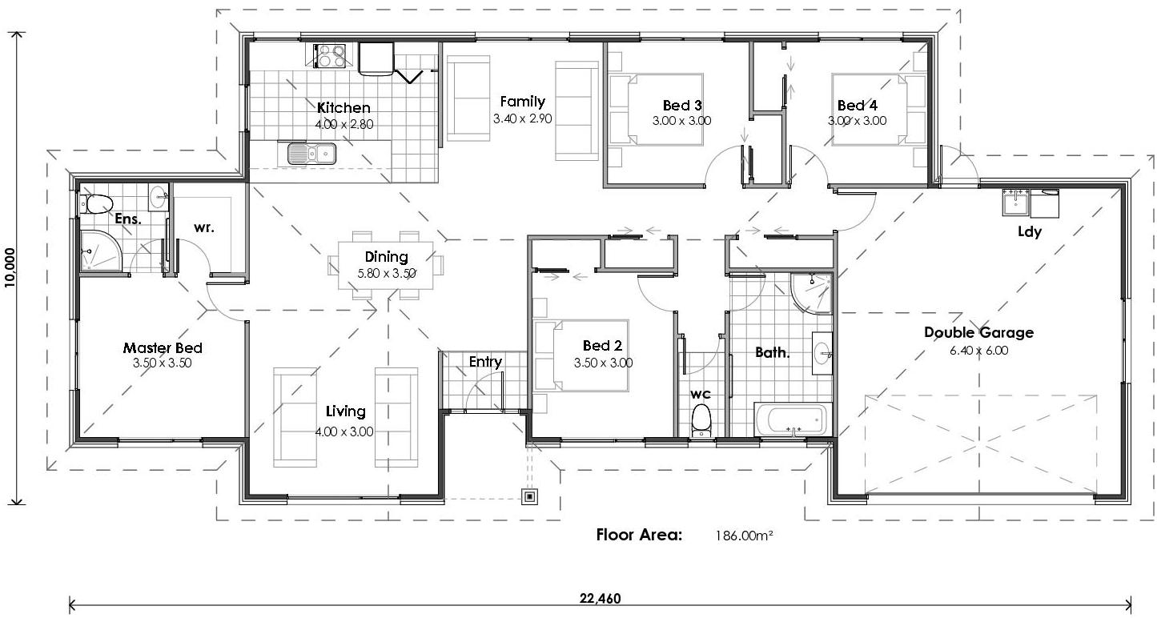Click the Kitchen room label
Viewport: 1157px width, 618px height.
point(343,107)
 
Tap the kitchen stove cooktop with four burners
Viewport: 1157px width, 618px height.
point(331,55)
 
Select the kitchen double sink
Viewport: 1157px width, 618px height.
point(312,152)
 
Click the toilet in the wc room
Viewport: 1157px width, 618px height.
point(701,419)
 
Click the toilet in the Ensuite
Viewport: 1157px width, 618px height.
point(97,204)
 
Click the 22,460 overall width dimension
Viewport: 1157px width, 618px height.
point(600,598)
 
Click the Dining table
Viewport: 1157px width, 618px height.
point(386,264)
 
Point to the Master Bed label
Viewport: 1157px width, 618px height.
point(163,348)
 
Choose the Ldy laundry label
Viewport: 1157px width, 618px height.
point(1029,232)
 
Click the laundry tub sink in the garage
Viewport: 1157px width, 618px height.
point(1015,203)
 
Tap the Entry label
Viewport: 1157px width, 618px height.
point(485,362)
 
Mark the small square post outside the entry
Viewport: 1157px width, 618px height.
point(529,497)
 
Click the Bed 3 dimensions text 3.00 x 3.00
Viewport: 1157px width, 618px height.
point(681,121)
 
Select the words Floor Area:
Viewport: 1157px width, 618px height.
point(639,535)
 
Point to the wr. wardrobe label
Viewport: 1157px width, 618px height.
point(203,227)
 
